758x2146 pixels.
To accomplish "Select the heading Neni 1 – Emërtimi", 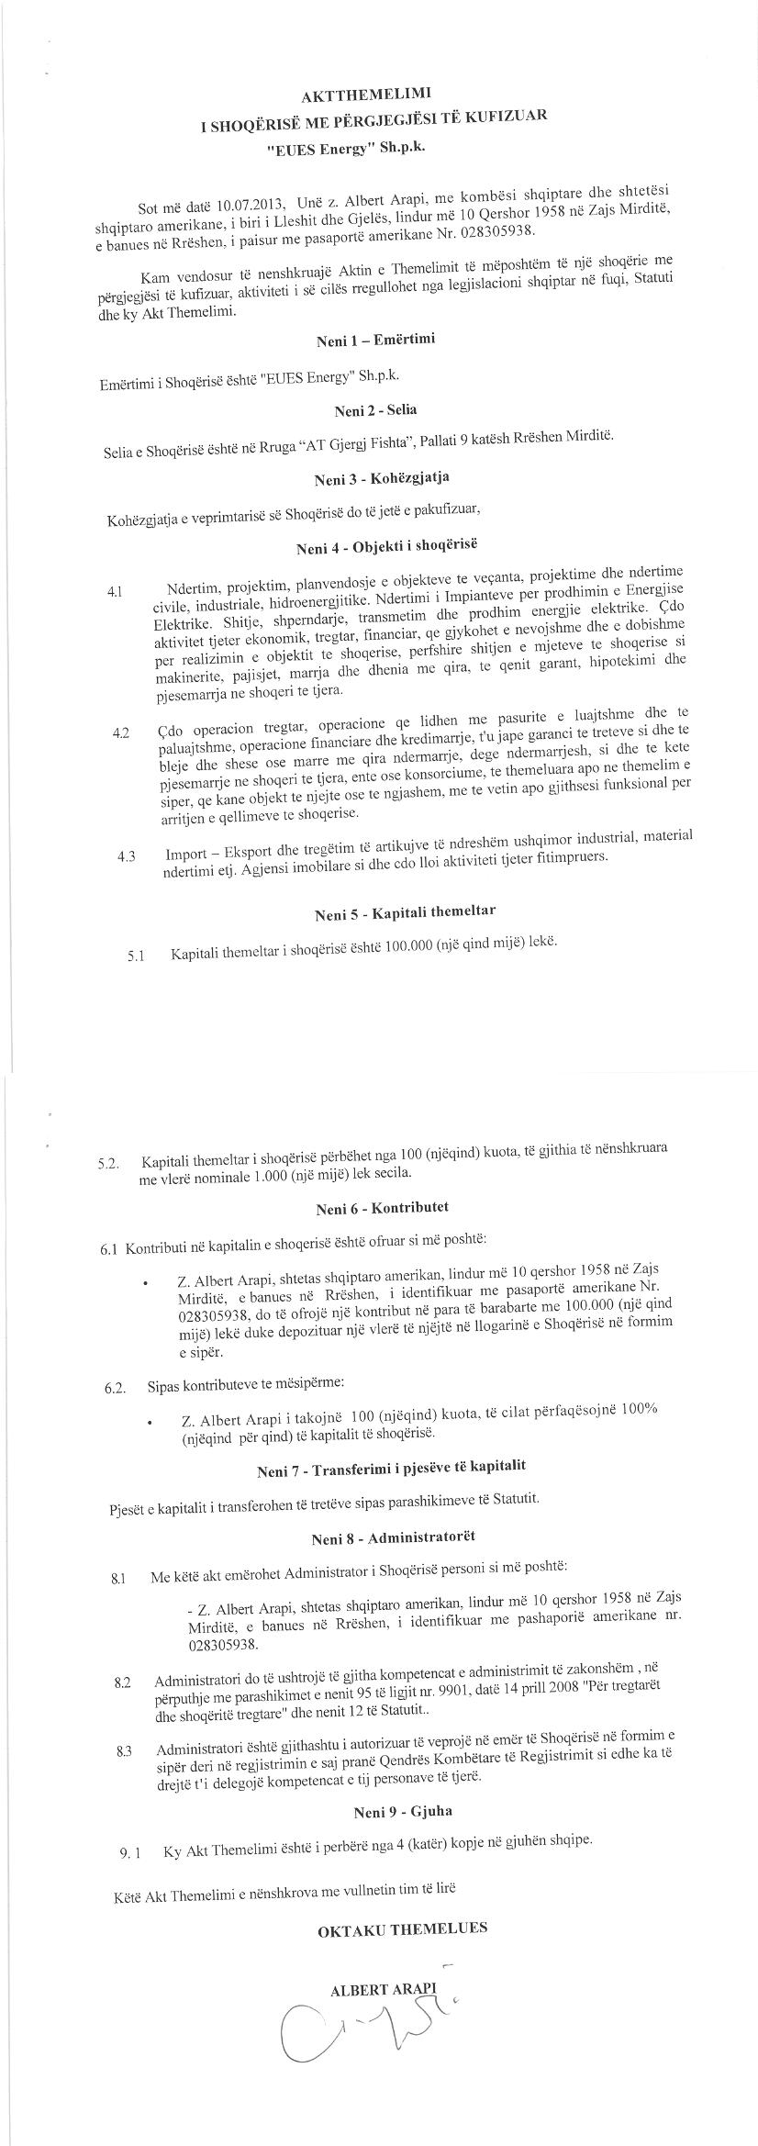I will pyautogui.click(x=376, y=340).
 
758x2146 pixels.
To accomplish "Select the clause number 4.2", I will pyautogui.click(x=120, y=733).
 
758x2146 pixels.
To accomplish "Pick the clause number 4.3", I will pyautogui.click(x=127, y=857).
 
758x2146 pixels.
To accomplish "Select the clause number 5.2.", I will pyautogui.click(x=109, y=1165).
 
